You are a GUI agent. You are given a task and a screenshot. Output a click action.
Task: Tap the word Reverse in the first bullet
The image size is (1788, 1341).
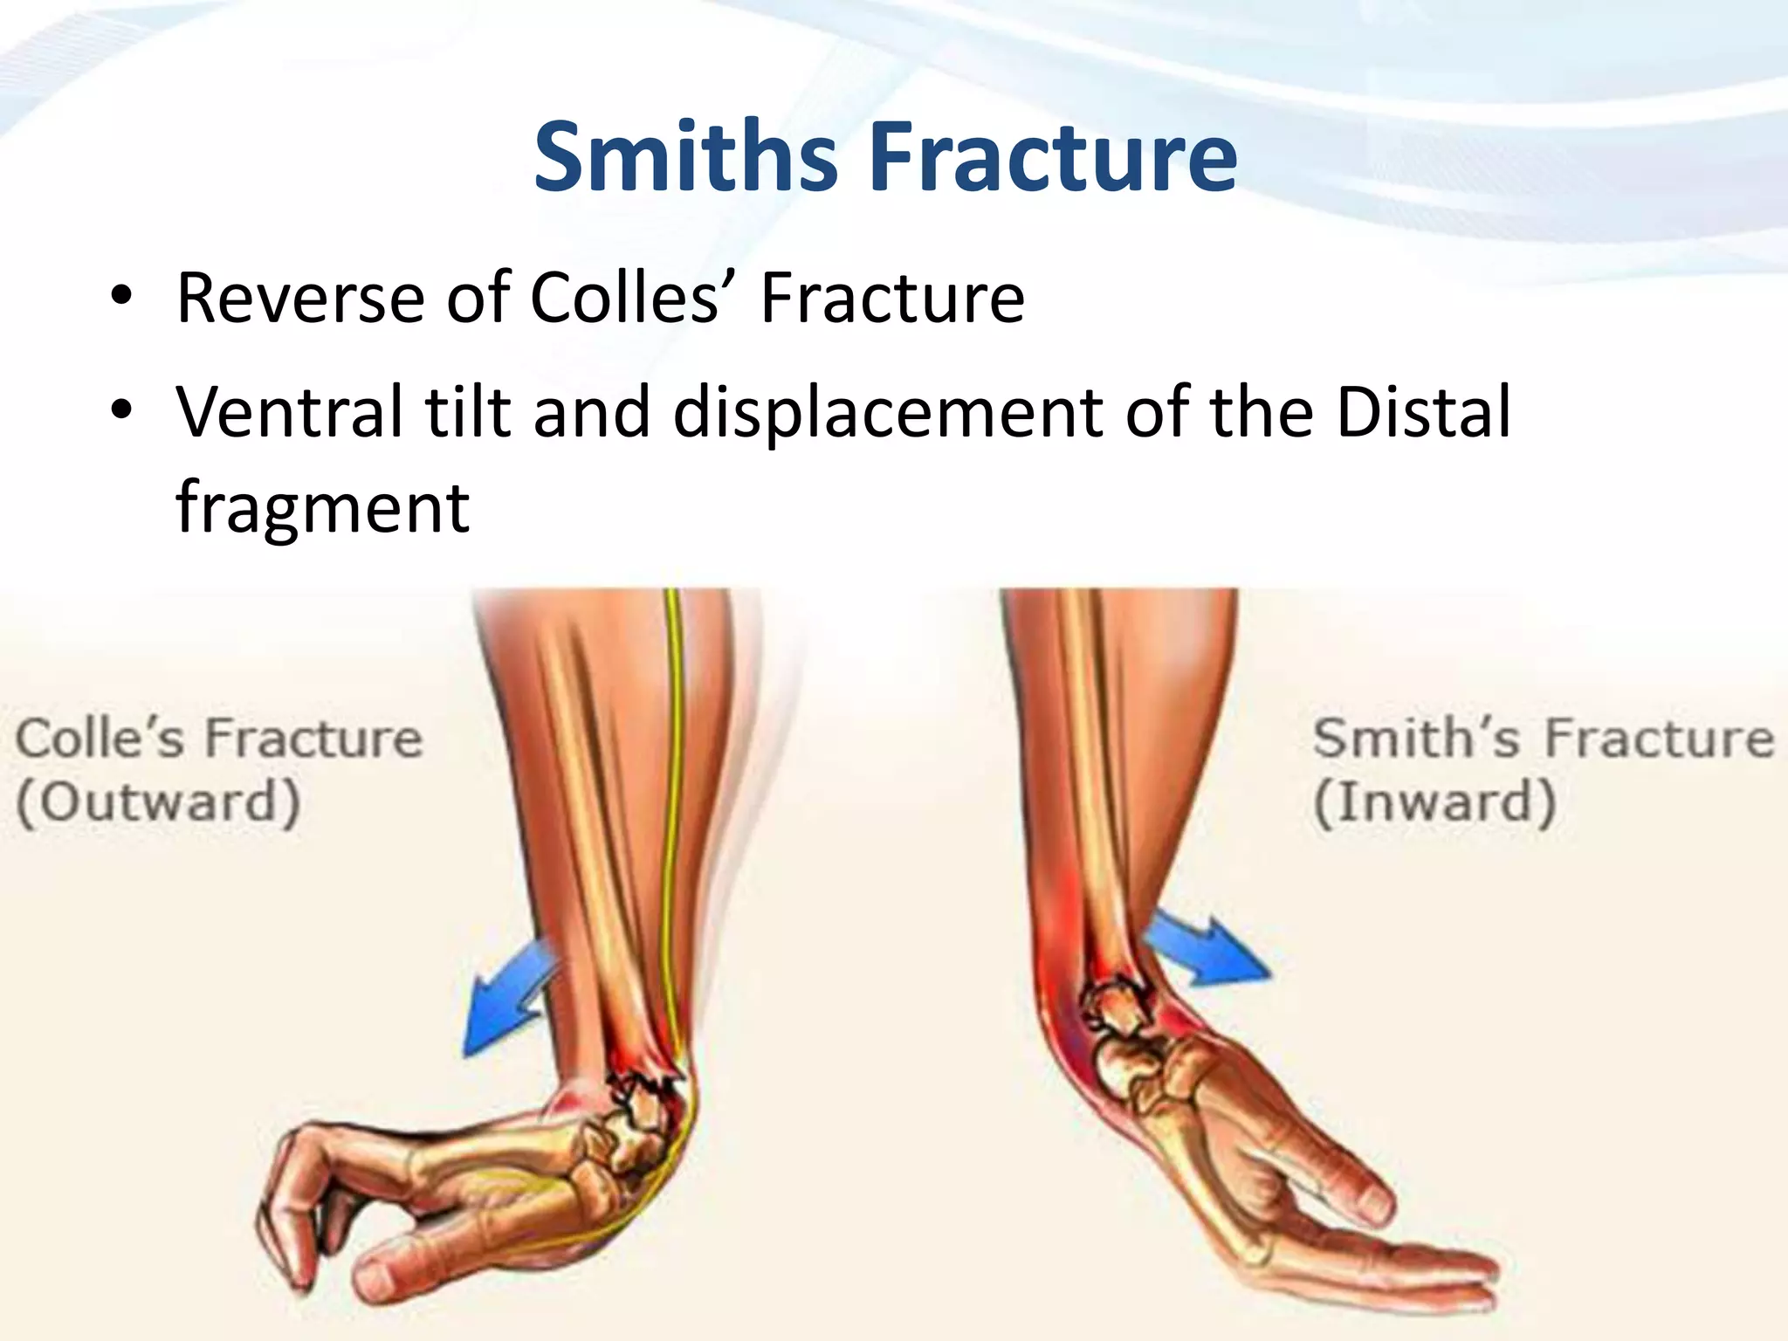(301, 299)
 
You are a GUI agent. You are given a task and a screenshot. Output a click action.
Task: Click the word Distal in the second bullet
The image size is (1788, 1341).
(1423, 412)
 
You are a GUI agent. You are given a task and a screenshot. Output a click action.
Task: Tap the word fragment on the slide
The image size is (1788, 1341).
(323, 508)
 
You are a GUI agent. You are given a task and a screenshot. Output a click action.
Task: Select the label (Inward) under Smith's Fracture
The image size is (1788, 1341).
(1434, 801)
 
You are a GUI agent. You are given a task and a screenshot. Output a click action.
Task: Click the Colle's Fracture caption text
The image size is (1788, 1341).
(218, 739)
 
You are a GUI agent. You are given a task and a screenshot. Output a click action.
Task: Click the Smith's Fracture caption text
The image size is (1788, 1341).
(1543, 739)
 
